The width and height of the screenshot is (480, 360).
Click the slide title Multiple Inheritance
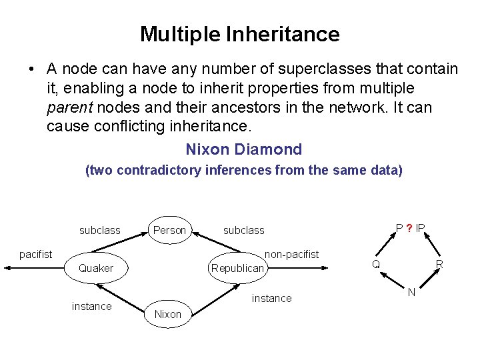click(x=239, y=34)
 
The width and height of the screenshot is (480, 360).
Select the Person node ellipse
click(x=169, y=229)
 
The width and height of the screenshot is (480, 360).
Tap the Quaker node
click(x=96, y=268)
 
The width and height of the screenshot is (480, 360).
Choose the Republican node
click(x=238, y=268)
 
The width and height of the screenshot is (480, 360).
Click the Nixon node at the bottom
click(x=167, y=314)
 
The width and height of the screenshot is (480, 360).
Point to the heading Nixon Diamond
click(x=243, y=149)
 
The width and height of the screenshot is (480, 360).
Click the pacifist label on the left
click(x=36, y=254)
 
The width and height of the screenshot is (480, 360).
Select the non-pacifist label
click(x=292, y=254)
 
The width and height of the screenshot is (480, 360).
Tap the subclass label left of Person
click(x=100, y=230)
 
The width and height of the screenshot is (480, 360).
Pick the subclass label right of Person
click(x=243, y=230)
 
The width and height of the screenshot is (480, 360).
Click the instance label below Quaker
click(x=91, y=306)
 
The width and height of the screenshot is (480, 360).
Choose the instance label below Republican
click(x=271, y=298)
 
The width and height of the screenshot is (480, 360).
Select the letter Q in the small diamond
click(x=376, y=264)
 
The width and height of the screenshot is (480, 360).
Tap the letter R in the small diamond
click(x=439, y=264)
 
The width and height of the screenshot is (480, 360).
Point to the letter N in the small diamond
click(x=411, y=292)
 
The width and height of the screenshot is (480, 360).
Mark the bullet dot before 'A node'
click(x=31, y=69)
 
